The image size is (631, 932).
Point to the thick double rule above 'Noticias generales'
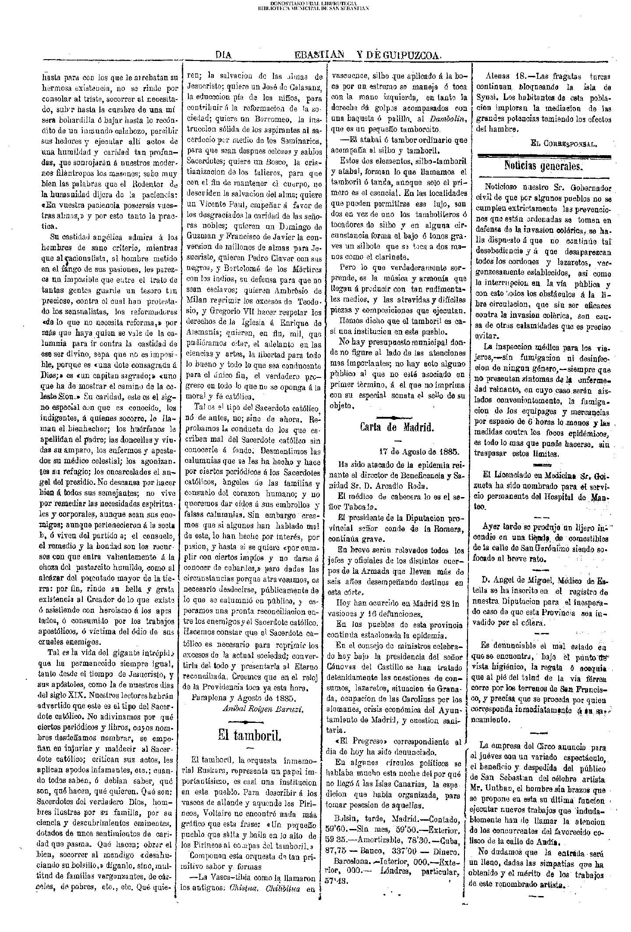(x=543, y=156)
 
